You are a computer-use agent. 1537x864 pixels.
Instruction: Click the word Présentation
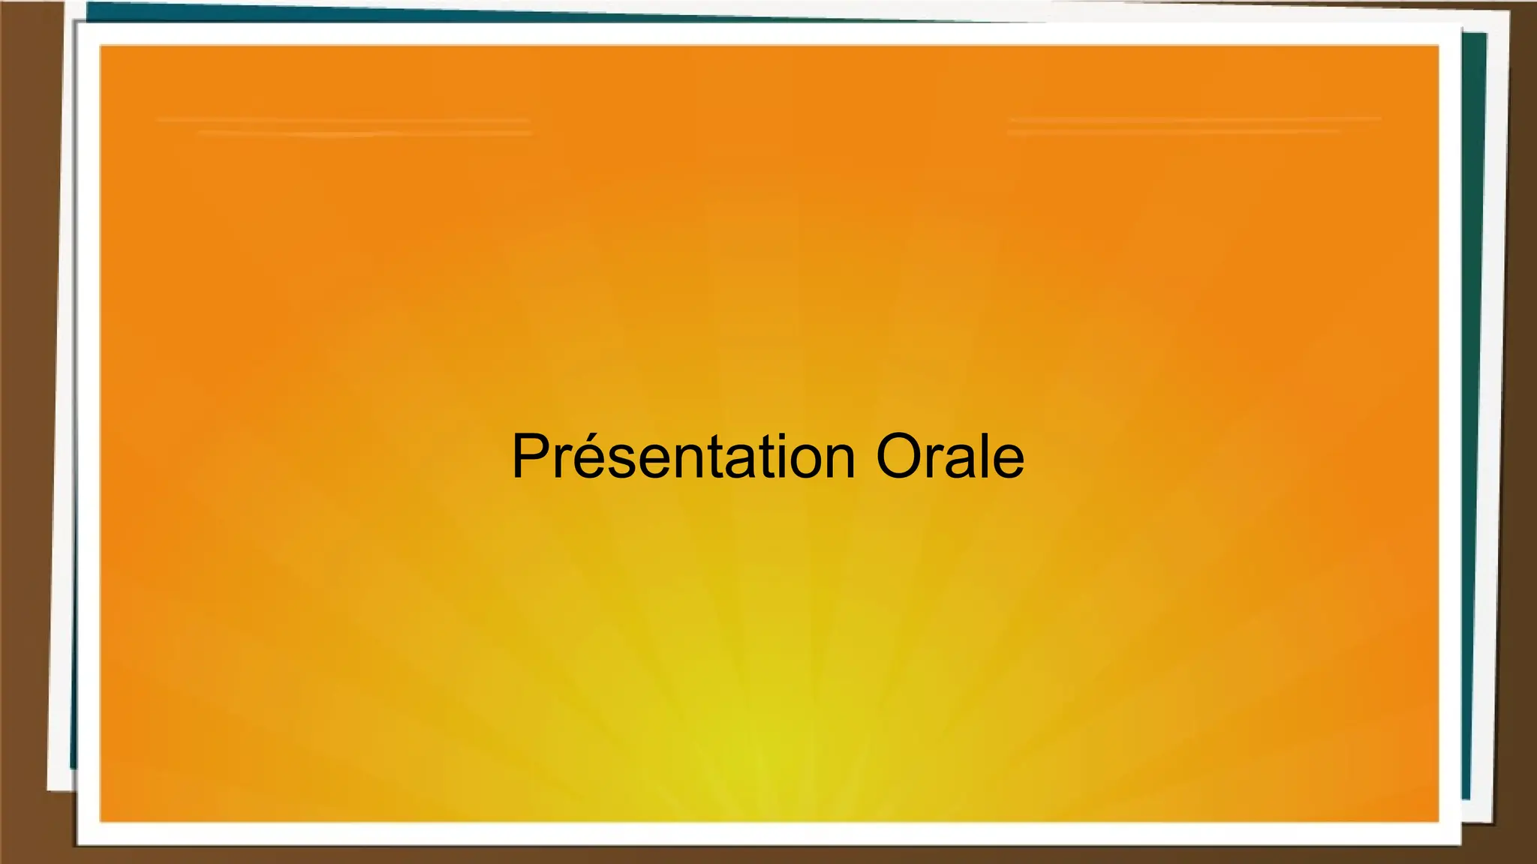[x=684, y=456]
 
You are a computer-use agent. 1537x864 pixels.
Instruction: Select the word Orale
[x=950, y=456]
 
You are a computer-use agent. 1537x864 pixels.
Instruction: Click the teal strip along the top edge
[x=525, y=10]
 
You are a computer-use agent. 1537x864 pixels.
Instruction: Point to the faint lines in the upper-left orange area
[x=344, y=126]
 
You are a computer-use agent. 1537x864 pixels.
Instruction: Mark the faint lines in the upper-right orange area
[x=1193, y=124]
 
